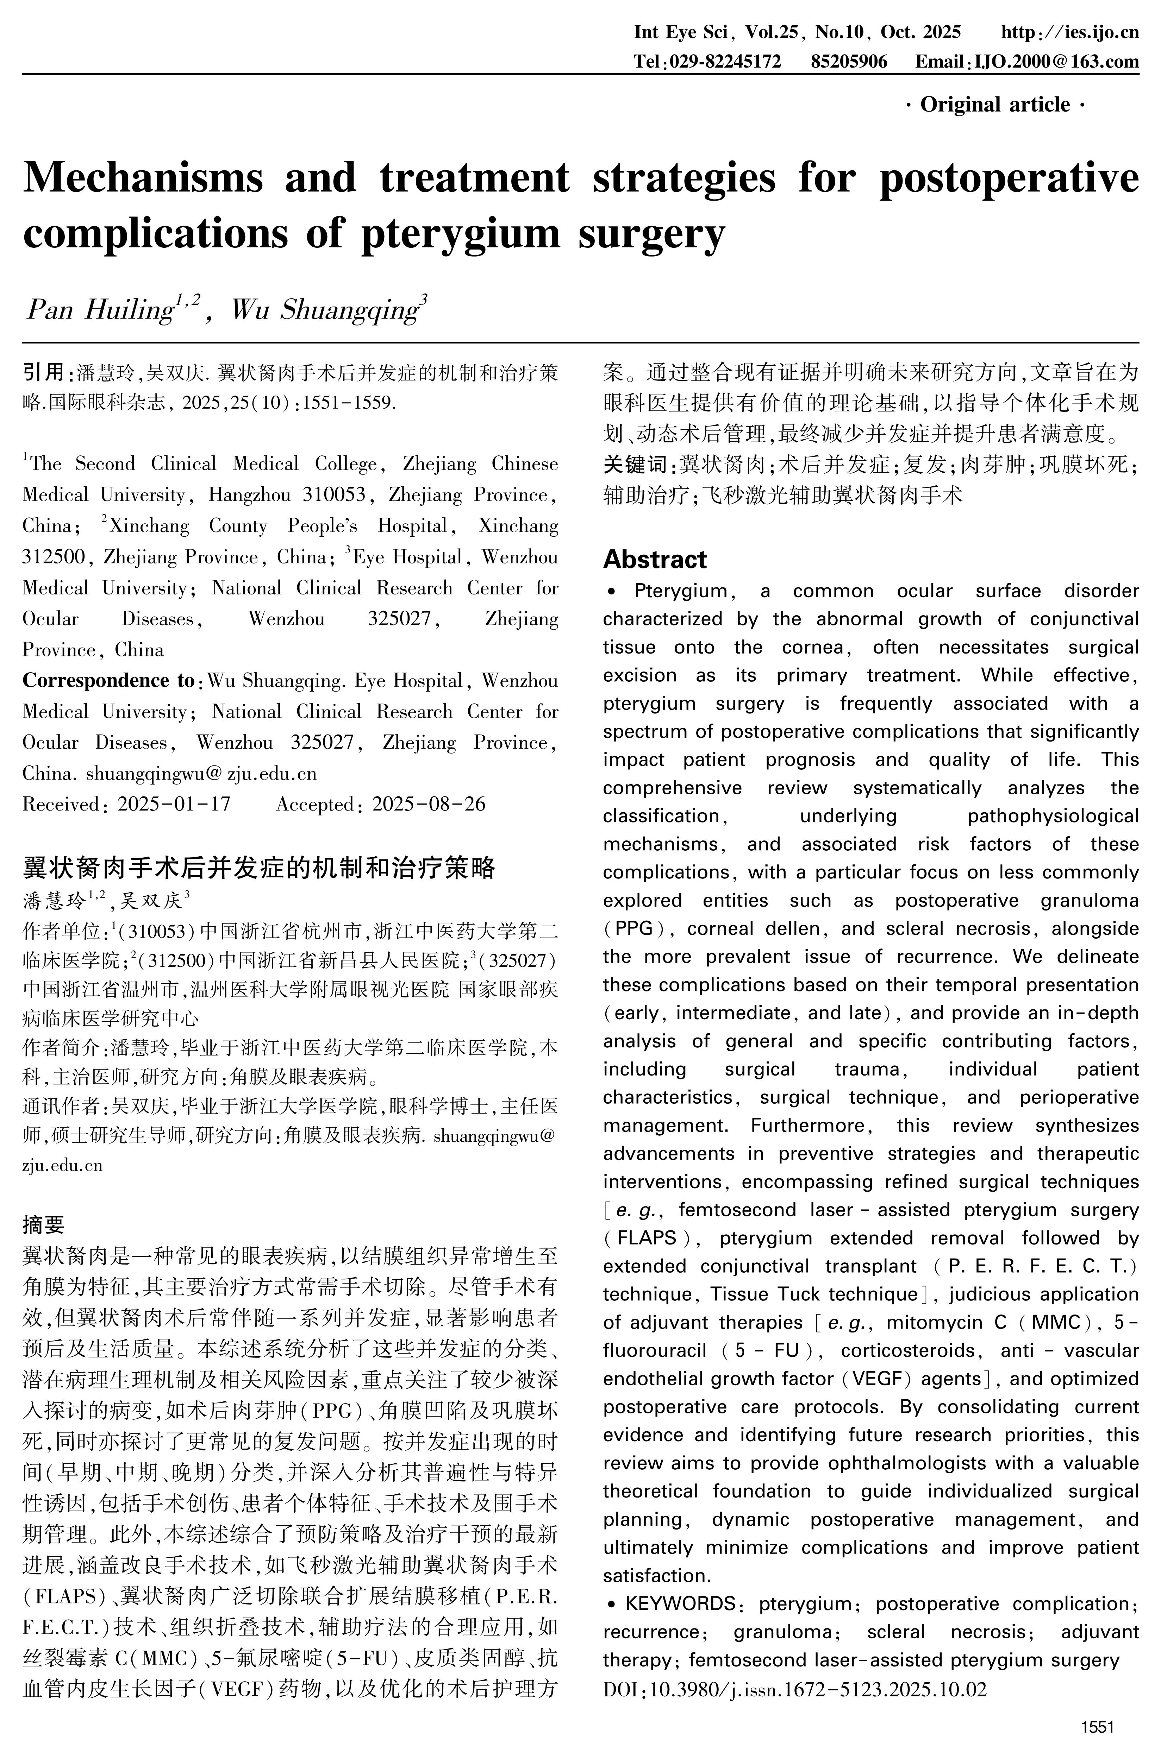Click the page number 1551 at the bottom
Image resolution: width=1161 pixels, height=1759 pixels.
point(1097,1727)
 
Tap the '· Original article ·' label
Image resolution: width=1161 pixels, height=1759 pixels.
point(995,105)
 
